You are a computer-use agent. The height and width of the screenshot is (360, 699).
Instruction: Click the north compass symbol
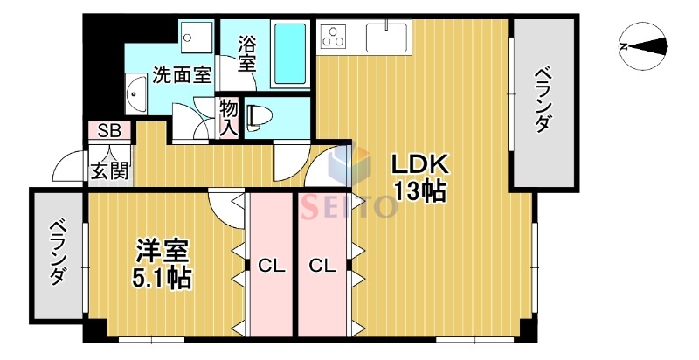[642, 47]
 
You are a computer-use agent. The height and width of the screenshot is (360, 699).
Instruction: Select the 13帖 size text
[419, 190]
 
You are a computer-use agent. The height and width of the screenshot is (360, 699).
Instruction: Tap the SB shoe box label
[109, 132]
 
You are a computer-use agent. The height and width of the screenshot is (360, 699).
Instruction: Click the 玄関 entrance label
[109, 170]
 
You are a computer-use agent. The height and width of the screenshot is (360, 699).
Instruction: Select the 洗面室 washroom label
[182, 75]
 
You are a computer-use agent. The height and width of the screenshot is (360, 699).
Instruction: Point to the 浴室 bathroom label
[247, 52]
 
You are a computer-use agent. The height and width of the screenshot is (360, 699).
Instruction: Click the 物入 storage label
[229, 117]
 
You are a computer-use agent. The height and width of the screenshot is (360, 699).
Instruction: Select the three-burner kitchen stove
[335, 37]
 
